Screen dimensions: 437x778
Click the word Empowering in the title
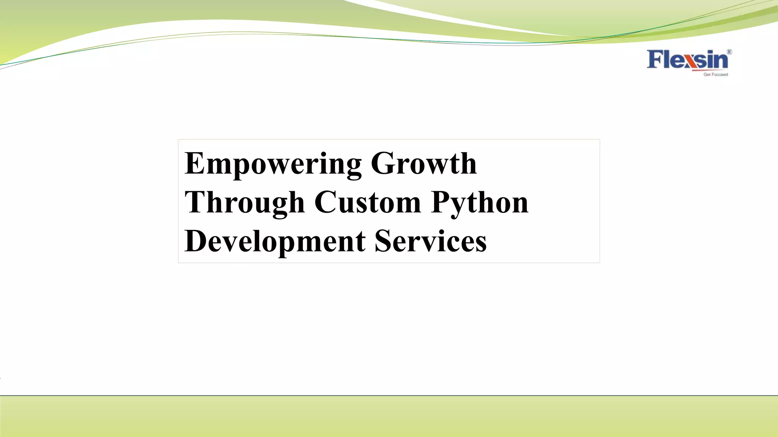coord(273,163)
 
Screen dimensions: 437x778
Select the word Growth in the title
coord(424,163)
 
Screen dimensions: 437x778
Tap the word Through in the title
coord(245,203)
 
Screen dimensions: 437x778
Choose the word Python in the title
coord(480,203)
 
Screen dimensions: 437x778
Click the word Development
coord(275,241)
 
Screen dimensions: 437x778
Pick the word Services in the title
coord(430,241)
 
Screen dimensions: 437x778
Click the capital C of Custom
coord(325,202)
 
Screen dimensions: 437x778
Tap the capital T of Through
coord(195,202)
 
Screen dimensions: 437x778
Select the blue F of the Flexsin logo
coord(655,59)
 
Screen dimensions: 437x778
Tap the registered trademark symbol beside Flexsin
coord(729,52)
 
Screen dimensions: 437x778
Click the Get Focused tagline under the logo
coord(715,75)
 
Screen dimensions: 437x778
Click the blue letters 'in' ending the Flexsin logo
coord(719,60)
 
